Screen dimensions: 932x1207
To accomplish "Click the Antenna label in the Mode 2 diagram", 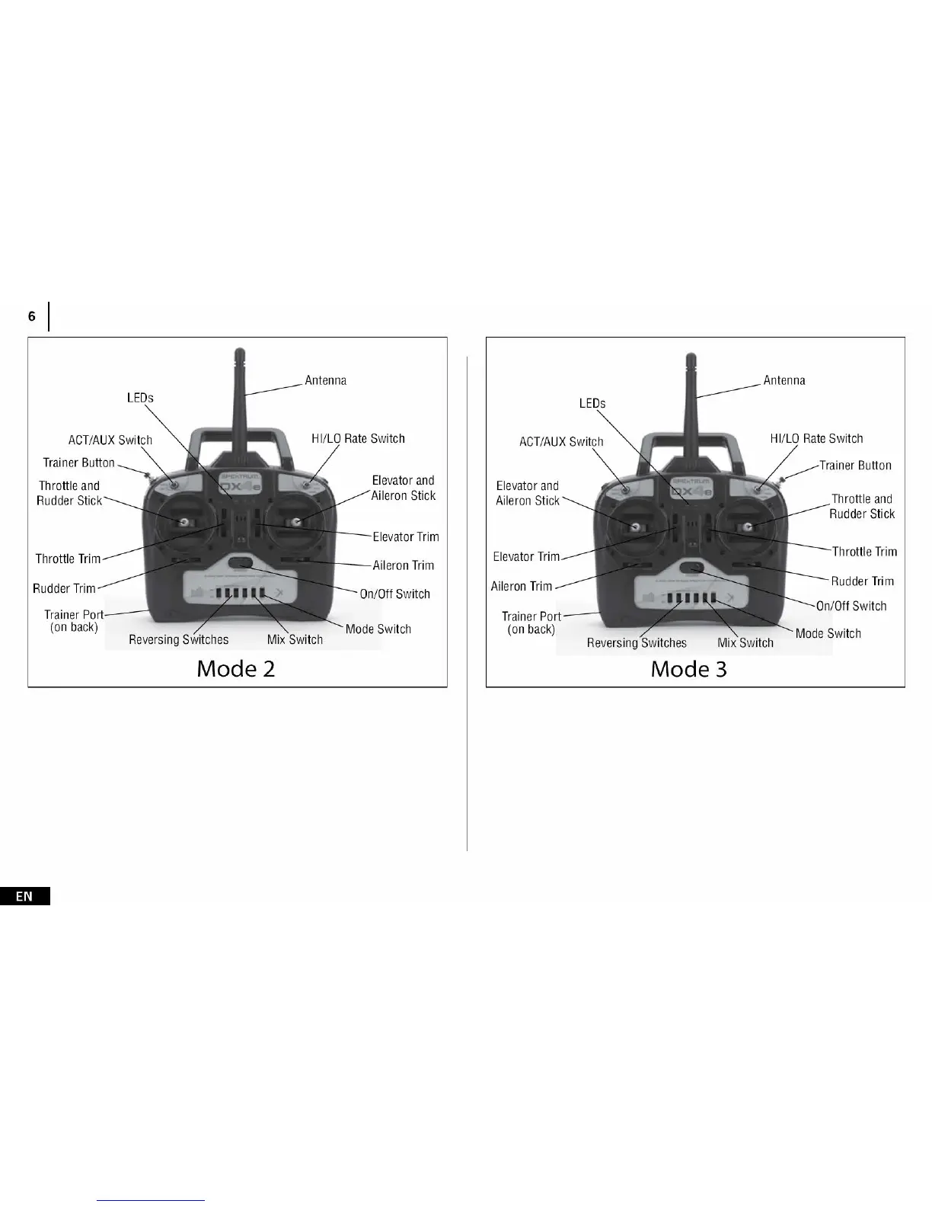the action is click(325, 380).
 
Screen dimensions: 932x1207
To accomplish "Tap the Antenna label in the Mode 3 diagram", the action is click(784, 380).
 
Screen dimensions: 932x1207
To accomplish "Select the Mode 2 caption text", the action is click(236, 668).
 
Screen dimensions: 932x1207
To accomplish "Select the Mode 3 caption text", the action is click(688, 669).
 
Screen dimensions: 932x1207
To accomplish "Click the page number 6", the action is click(31, 316).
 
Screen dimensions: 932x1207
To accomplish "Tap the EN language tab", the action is click(24, 896).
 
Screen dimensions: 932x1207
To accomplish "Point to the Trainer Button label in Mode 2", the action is click(78, 463).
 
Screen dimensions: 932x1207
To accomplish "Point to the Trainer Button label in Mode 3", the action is click(855, 465).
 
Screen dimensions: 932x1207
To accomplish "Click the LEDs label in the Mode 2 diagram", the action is click(140, 398).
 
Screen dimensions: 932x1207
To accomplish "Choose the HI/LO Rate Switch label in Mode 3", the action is click(816, 438).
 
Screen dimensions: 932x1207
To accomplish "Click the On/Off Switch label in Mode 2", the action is click(394, 594).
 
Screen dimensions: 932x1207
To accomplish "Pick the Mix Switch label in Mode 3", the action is click(745, 642).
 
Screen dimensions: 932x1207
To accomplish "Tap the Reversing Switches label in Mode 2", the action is click(178, 639).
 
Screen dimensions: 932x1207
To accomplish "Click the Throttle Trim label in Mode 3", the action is click(864, 551).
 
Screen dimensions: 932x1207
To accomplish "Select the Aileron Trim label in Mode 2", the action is click(403, 565).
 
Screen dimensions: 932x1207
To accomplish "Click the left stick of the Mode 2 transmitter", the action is click(184, 521).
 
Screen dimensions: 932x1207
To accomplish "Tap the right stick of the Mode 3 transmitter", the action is click(748, 527).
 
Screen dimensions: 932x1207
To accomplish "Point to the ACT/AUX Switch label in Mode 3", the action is click(560, 441).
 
